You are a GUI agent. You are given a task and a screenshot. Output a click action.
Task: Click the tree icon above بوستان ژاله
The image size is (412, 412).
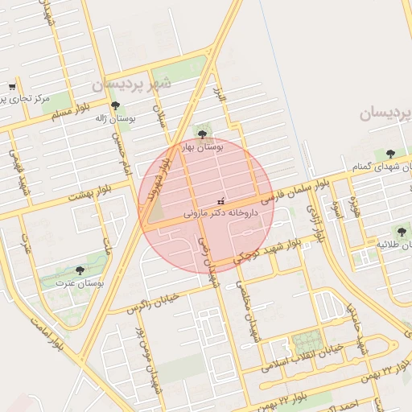coord(115,105)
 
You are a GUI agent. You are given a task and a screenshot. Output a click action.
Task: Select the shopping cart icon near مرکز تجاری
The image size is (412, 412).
coord(12,86)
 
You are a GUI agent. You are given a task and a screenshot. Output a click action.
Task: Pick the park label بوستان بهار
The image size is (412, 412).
coord(201,147)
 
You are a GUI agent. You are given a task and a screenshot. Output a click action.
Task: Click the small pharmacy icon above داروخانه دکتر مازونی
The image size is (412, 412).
coord(221,200)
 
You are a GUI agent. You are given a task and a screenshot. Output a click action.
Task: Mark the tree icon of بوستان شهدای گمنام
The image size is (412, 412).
coord(391,153)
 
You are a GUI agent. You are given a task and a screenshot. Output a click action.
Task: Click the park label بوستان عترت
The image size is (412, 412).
coord(78,282)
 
